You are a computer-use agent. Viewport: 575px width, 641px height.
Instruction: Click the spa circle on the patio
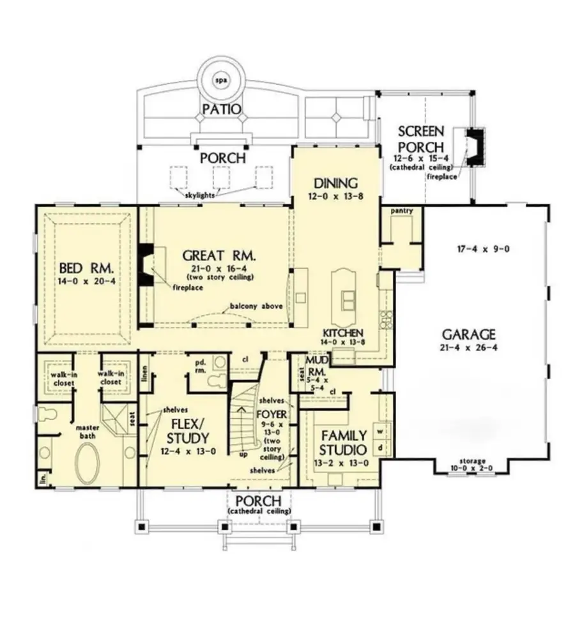[221, 81]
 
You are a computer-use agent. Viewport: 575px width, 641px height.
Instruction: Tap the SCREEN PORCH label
[420, 139]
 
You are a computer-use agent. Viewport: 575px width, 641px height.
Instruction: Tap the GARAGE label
[469, 334]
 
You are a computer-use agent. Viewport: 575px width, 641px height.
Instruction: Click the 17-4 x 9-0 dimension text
[482, 249]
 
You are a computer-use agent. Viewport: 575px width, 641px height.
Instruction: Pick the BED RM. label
[86, 266]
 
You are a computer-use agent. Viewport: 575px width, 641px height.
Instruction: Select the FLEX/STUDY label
[187, 431]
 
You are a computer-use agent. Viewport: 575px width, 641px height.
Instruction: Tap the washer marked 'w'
[381, 430]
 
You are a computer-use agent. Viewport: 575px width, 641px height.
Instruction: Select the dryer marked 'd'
[381, 448]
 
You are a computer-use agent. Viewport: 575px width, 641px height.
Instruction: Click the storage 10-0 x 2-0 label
[471, 464]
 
